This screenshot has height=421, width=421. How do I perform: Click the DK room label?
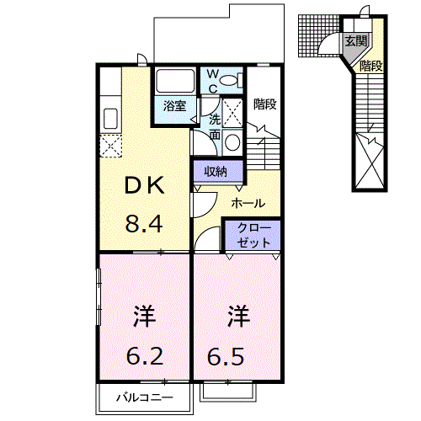point(144,185)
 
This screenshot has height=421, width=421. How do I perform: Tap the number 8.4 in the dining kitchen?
point(144,224)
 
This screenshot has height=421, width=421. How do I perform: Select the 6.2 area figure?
point(145,356)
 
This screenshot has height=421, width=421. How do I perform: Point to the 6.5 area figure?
point(226,356)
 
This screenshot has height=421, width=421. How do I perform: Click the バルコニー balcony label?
point(145,397)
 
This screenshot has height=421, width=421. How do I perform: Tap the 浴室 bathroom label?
point(175,106)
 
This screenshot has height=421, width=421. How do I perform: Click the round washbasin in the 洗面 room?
point(232,142)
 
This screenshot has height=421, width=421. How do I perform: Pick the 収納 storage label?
point(216,171)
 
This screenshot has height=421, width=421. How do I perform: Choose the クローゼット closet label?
point(253,235)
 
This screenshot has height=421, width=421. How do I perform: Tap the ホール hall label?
point(248,203)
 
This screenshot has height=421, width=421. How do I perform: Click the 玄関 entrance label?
point(356,41)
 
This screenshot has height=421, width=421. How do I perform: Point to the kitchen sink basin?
point(110,119)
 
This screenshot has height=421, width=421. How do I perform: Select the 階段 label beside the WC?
point(265,104)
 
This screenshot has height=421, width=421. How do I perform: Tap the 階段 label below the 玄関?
point(371,66)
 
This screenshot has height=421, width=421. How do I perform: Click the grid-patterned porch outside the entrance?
point(318,36)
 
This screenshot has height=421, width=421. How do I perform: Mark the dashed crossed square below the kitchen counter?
point(111,146)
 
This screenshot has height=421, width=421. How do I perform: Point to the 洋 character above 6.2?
point(145,317)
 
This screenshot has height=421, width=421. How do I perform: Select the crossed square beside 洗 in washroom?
point(232,113)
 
